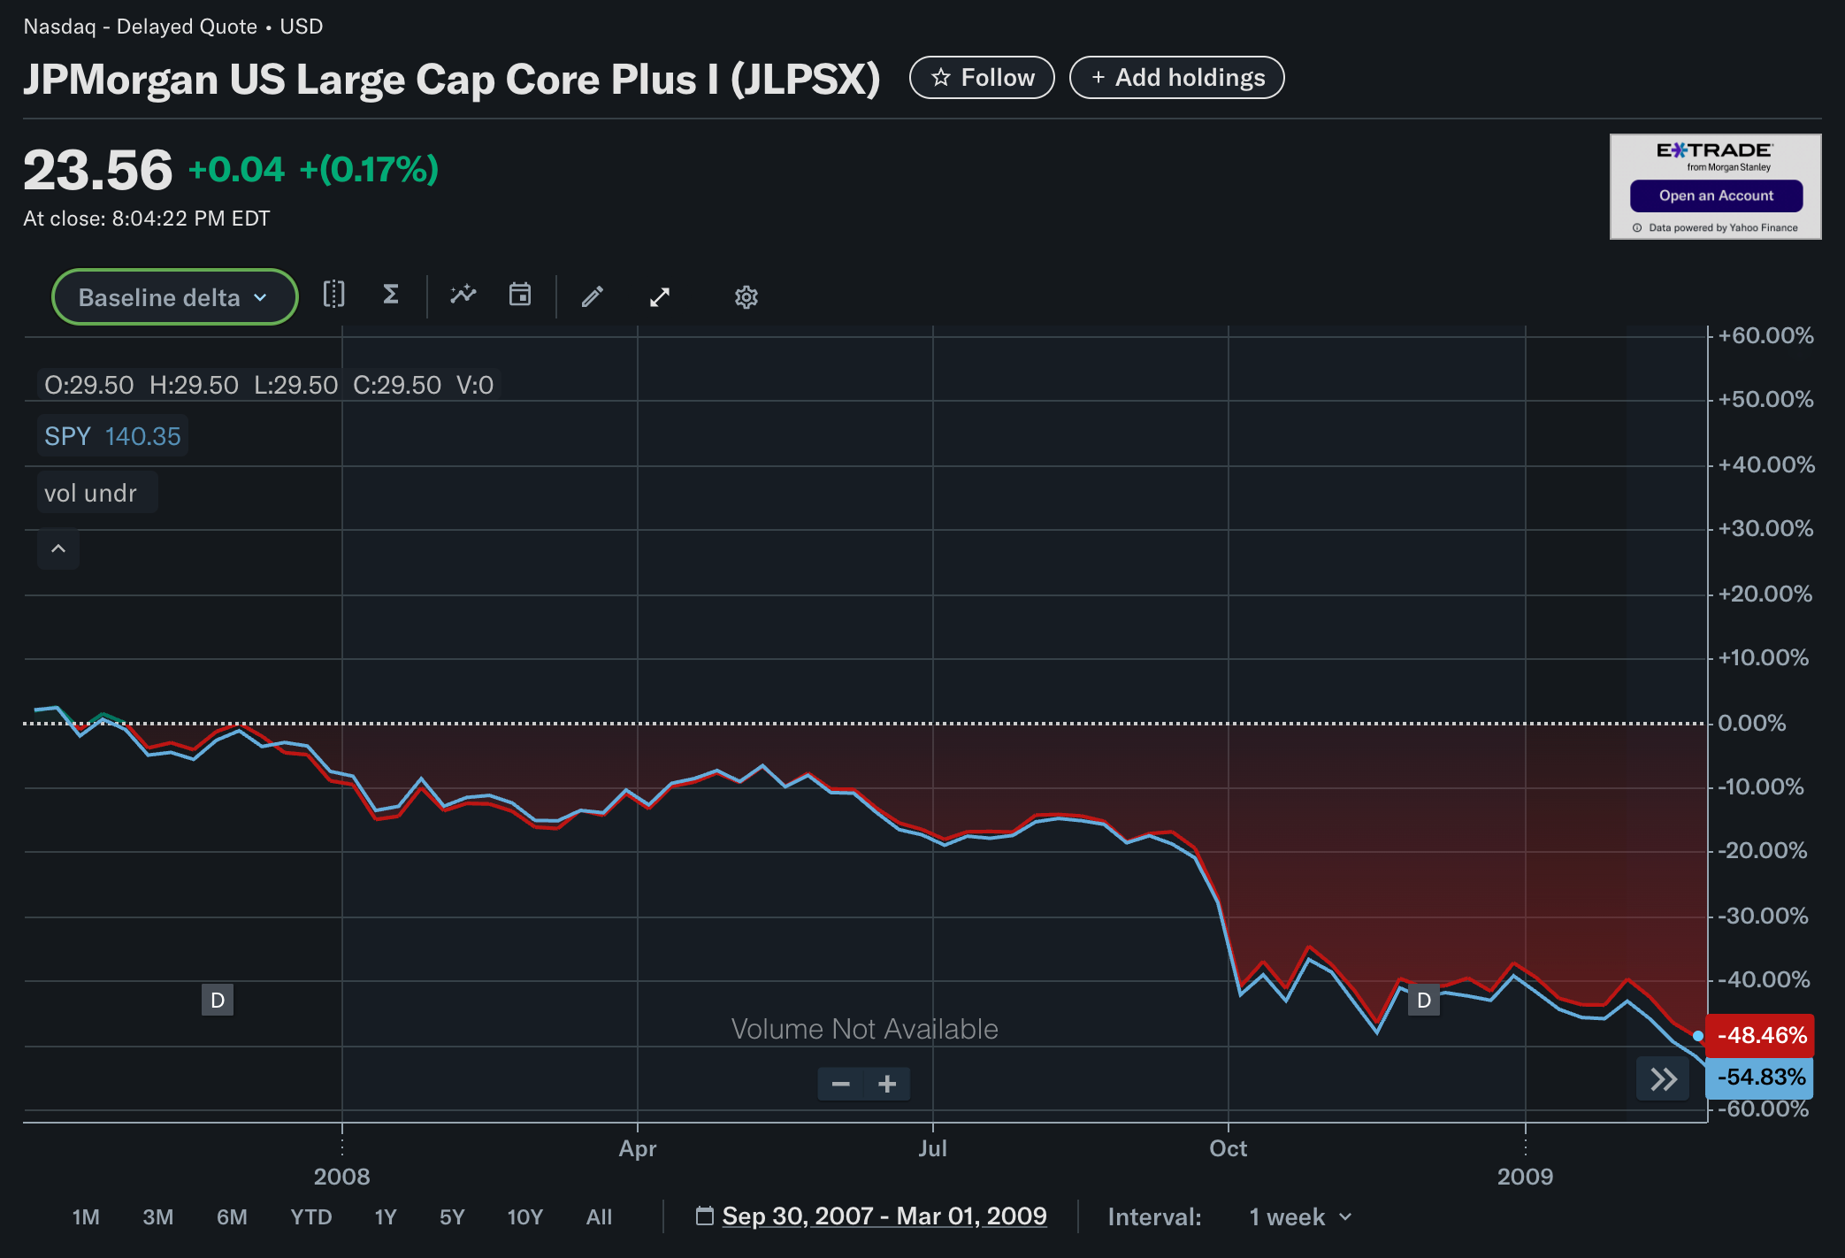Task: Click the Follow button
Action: (x=982, y=78)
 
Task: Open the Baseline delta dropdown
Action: (x=174, y=297)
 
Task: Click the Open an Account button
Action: (x=1715, y=196)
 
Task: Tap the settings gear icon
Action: (x=746, y=297)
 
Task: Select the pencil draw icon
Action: (x=593, y=296)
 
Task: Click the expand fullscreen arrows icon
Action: (x=660, y=297)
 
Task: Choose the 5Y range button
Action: (x=451, y=1217)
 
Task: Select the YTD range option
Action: (x=310, y=1217)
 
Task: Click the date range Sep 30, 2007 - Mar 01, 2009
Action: (x=884, y=1216)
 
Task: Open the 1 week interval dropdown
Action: (x=1299, y=1217)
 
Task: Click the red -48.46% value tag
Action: (x=1760, y=1036)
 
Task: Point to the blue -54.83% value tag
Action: (x=1760, y=1078)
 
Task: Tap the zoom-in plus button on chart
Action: (x=887, y=1084)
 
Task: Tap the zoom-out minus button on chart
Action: (x=841, y=1084)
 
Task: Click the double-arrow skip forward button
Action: (x=1663, y=1079)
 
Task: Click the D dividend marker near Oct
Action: (x=1423, y=1001)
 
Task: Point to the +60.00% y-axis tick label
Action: (x=1765, y=336)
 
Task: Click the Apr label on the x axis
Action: (x=638, y=1148)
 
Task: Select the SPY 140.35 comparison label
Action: (x=112, y=436)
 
